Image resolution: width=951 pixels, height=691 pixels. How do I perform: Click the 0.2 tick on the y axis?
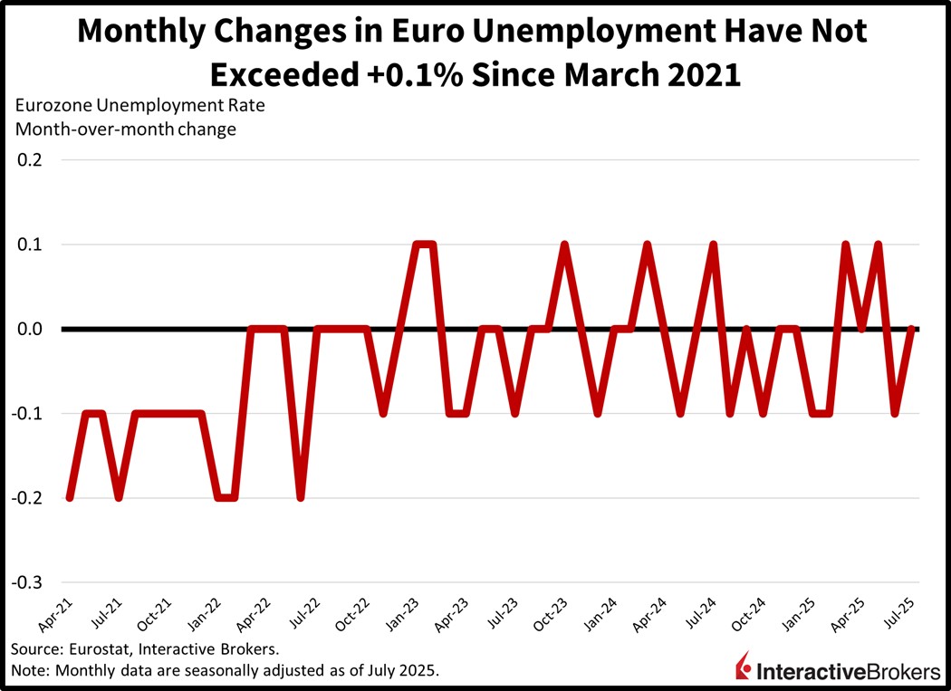[29, 160]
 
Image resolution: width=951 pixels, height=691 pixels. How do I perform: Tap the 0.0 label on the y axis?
[29, 330]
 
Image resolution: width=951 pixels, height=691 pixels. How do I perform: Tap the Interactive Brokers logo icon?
[744, 667]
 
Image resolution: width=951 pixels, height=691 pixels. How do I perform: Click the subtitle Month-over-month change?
[125, 129]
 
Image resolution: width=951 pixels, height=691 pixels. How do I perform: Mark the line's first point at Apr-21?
[70, 498]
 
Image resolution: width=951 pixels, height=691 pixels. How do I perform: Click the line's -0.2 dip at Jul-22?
[301, 498]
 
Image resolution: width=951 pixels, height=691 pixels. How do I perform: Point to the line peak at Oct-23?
[564, 245]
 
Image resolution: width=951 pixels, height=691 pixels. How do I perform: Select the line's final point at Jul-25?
[911, 330]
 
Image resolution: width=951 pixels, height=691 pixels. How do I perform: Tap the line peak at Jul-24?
[714, 245]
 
